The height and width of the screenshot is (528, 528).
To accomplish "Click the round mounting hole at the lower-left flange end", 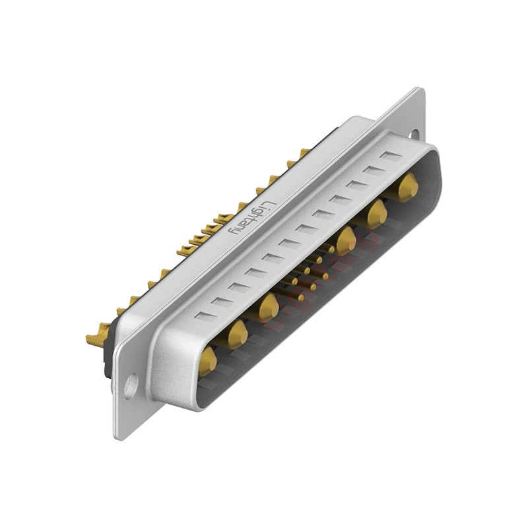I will click(131, 385).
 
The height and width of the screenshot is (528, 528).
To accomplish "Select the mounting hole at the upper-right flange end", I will click(414, 133).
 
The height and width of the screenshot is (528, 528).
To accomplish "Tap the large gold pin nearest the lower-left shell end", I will click(207, 361).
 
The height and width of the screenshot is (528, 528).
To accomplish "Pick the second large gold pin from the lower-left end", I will click(238, 335).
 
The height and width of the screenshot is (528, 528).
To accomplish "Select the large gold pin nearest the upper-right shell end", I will click(407, 187).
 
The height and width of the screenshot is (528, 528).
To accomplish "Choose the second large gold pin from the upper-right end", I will click(376, 214).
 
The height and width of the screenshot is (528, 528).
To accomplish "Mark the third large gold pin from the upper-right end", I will click(345, 241).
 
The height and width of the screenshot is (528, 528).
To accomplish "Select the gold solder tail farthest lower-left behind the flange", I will click(97, 339).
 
